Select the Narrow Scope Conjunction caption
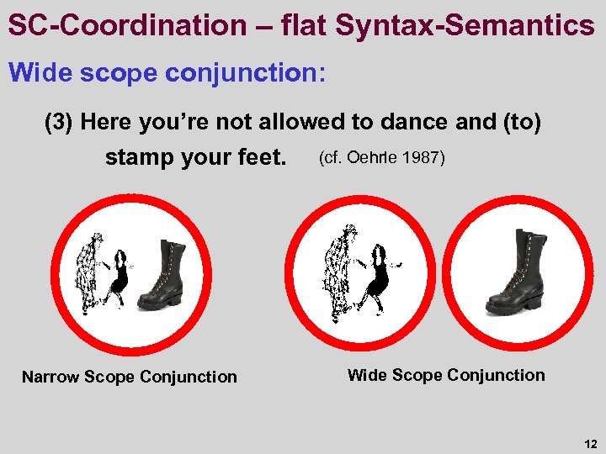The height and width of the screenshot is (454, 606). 130,377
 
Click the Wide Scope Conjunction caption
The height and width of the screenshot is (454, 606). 446,375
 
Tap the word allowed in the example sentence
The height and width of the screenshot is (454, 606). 297,123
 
